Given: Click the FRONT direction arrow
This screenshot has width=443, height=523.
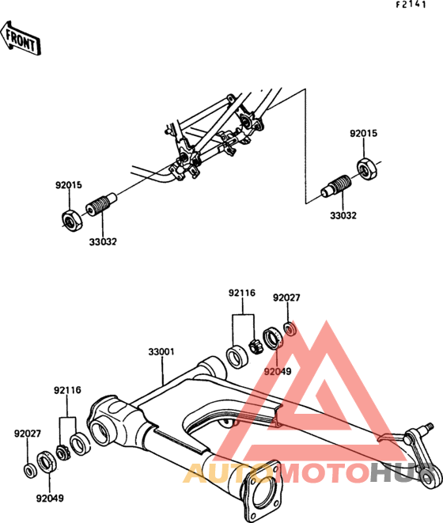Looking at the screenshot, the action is click(x=21, y=38).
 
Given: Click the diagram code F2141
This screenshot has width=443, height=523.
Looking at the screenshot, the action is click(x=411, y=4).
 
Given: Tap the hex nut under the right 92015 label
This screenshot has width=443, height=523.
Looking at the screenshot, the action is click(x=367, y=168).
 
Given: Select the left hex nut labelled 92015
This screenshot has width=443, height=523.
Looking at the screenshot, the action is click(x=72, y=220).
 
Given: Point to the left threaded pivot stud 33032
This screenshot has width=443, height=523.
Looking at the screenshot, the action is click(x=101, y=204).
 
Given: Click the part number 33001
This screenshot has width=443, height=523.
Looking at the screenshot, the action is click(x=161, y=352).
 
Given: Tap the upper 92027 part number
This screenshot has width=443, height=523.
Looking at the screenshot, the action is click(x=286, y=298).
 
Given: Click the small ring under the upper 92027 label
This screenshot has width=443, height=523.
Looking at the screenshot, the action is click(x=290, y=329).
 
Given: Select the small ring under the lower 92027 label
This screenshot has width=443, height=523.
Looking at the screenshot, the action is click(x=31, y=470).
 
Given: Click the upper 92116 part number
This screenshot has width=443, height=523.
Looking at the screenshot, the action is click(x=242, y=293).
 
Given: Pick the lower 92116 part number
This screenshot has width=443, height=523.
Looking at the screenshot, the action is click(x=67, y=390).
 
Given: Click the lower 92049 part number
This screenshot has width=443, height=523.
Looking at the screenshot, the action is click(x=50, y=498).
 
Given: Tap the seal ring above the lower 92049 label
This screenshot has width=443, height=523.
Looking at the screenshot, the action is click(x=46, y=461).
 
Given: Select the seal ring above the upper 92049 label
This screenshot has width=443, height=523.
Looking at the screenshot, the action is click(x=272, y=339).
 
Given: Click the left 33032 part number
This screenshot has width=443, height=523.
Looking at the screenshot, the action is click(x=103, y=242).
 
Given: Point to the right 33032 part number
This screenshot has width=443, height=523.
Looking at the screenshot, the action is click(x=343, y=215).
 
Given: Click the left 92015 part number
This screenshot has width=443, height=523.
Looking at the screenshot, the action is click(x=69, y=185).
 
